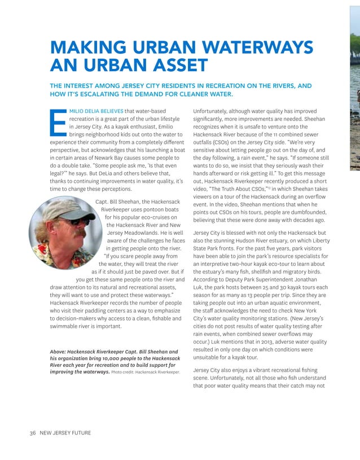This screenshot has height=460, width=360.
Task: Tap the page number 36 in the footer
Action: click(33, 433)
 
